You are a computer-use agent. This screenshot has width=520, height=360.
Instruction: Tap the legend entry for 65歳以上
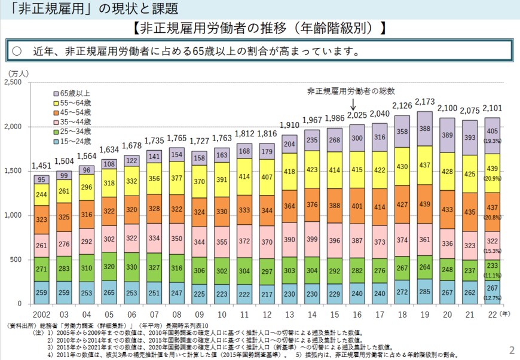click(74, 94)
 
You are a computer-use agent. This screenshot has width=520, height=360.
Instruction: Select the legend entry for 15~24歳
click(74, 141)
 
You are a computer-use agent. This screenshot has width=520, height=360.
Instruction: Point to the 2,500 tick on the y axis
click(14, 83)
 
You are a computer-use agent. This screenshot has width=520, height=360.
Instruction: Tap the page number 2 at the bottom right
click(511, 350)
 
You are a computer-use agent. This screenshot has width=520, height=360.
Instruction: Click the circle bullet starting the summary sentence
click(17, 51)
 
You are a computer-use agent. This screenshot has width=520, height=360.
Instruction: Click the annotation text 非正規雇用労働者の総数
click(351, 91)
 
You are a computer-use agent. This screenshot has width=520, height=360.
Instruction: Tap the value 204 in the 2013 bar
click(289, 144)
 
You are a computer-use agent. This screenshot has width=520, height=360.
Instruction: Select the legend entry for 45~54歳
click(74, 112)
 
